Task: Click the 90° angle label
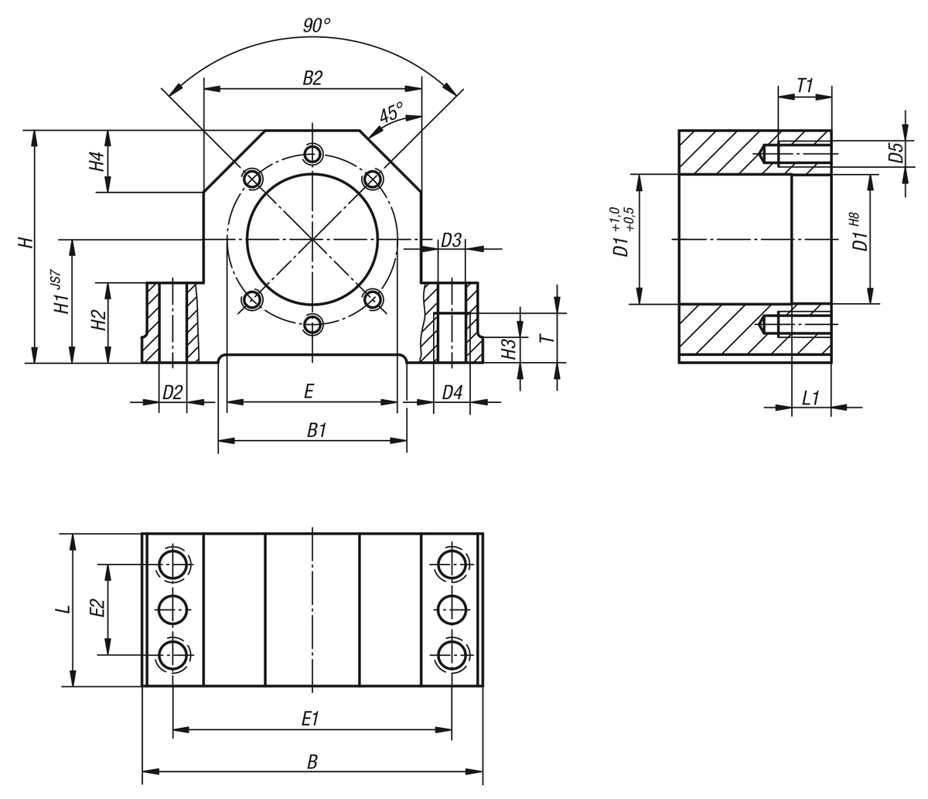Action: pos(316,26)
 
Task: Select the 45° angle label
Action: pos(391,113)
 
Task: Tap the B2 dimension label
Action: pos(312,77)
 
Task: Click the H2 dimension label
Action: pos(99,320)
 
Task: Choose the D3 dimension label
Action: pos(451,241)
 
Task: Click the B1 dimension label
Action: pos(316,430)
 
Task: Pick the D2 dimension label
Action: pos(172,392)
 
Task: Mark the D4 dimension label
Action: pos(452,392)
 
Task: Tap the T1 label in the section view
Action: pos(805,85)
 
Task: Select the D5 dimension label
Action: pos(896,152)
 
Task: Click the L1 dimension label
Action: pos(810,398)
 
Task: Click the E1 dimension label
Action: pos(310,719)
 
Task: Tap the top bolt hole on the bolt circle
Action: pos(312,154)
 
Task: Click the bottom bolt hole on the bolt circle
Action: pos(312,324)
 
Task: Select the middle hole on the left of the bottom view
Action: pos(173,609)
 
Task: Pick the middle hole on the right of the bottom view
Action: pos(452,609)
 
